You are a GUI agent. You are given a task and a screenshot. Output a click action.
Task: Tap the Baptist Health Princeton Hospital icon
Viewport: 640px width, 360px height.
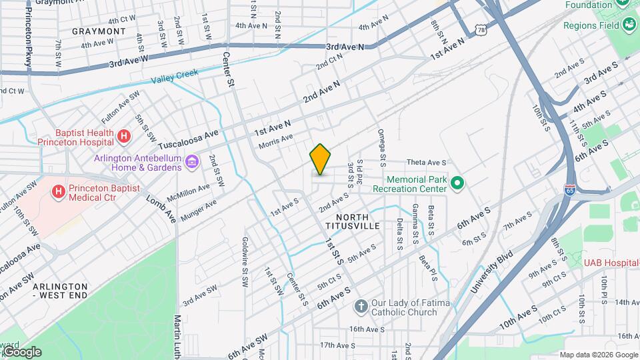pos(123,137)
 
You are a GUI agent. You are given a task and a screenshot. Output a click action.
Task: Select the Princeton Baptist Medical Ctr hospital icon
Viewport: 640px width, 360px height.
pos(59,192)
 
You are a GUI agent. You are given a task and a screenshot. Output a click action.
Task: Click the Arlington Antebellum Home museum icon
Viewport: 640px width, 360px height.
pos(192,162)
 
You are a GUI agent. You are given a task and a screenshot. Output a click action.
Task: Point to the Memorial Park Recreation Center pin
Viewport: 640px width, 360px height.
pos(457,183)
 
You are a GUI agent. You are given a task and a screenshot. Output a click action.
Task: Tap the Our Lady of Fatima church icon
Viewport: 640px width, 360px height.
pos(361,307)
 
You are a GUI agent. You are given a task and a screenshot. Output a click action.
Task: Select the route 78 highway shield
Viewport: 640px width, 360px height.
pos(482,29)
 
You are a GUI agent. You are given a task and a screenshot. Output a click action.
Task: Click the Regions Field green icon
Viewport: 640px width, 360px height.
pos(629,25)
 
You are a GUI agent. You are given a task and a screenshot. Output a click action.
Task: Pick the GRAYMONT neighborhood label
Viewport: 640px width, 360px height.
pos(100,31)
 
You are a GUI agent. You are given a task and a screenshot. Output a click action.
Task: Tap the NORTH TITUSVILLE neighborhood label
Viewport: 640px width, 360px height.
pos(353,222)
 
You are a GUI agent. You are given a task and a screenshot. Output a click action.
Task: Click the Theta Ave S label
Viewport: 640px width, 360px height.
pos(426,162)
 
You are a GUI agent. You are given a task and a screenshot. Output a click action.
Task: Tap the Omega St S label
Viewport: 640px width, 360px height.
pos(382,147)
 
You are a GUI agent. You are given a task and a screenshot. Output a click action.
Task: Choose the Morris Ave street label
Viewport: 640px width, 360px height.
pos(275,141)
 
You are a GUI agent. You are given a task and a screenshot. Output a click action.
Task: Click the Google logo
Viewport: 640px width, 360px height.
pos(21,352)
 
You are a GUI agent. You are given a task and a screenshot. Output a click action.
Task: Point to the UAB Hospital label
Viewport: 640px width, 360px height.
pos(611,263)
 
